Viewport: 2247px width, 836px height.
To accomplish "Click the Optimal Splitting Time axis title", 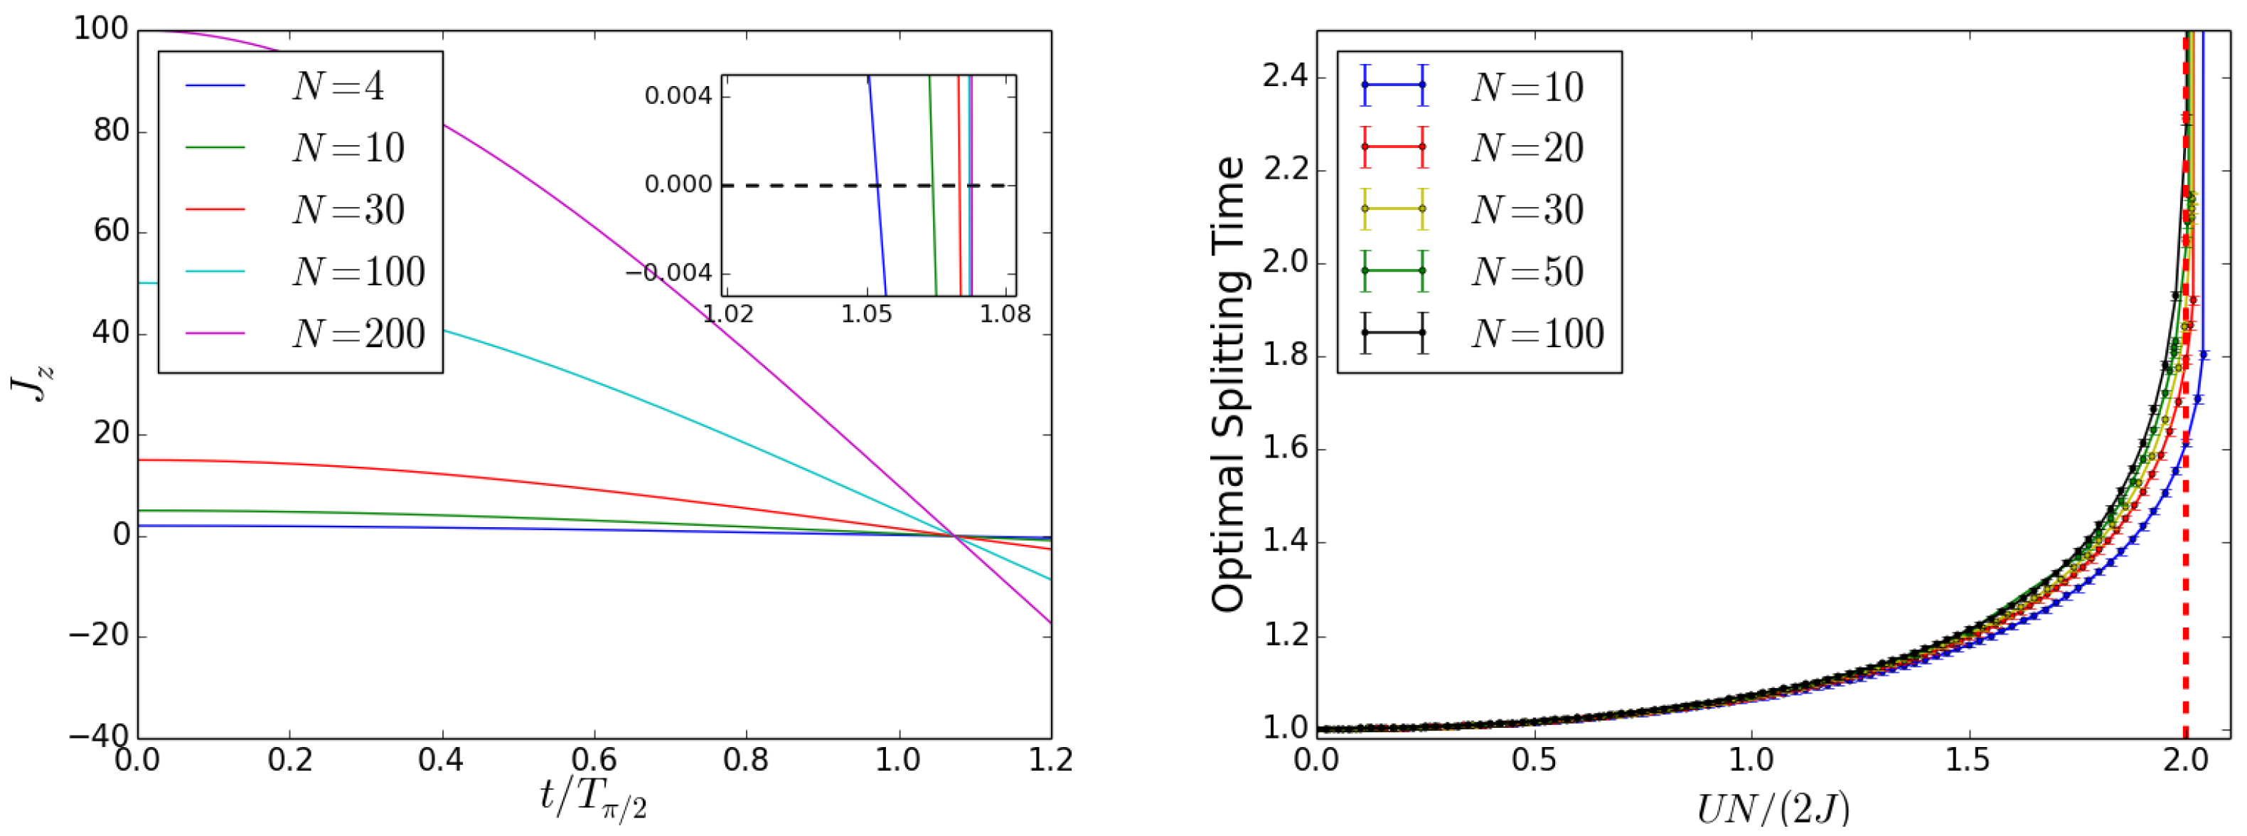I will (x=1228, y=384).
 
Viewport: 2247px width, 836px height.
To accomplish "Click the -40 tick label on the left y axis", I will (x=97, y=736).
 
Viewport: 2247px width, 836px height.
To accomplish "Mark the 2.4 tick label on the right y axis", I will (x=1285, y=77).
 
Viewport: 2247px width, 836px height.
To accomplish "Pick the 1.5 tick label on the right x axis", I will (x=1967, y=760).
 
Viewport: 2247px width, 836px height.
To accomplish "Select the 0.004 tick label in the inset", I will (x=678, y=96).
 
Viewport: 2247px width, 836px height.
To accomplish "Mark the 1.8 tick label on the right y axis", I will (x=1285, y=356).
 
